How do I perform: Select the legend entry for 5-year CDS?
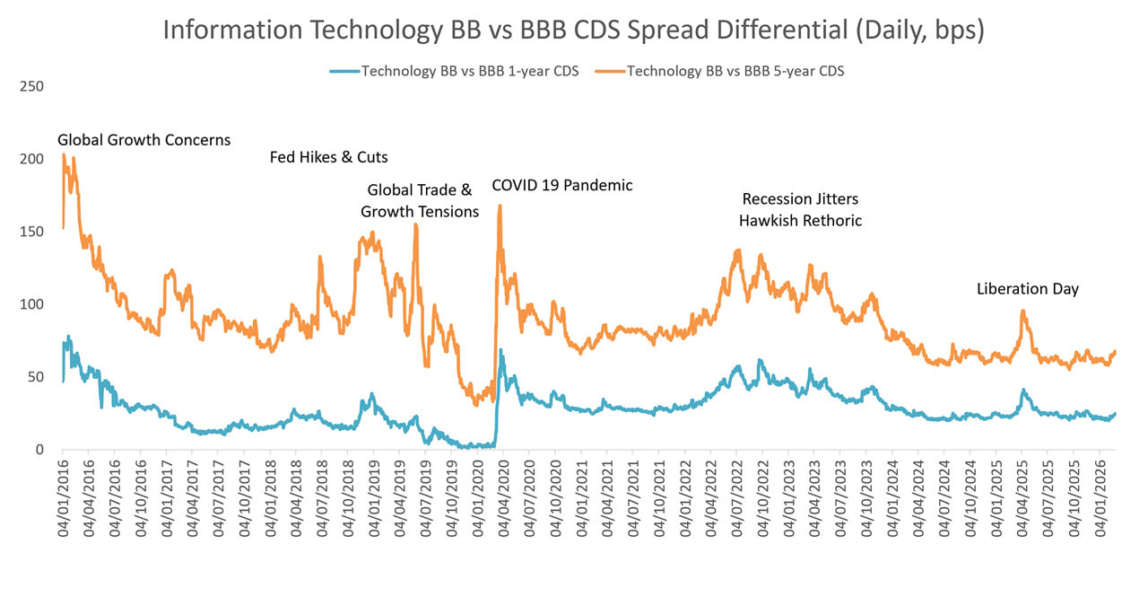click(x=734, y=71)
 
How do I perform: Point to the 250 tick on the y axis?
click(x=31, y=86)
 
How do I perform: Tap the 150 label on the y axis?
click(x=31, y=232)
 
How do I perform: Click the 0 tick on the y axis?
click(x=40, y=449)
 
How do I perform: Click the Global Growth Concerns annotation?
click(x=143, y=140)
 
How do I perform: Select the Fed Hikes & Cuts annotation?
click(x=328, y=157)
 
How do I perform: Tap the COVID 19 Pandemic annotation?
click(x=562, y=186)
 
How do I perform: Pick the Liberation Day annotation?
click(x=1027, y=289)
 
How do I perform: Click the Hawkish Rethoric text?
click(x=800, y=221)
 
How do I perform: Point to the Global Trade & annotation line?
click(x=419, y=190)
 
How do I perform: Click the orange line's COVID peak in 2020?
click(x=500, y=206)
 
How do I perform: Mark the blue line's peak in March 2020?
click(x=500, y=350)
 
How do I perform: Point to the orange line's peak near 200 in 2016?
click(x=64, y=154)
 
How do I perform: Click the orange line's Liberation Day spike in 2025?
click(x=1023, y=311)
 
